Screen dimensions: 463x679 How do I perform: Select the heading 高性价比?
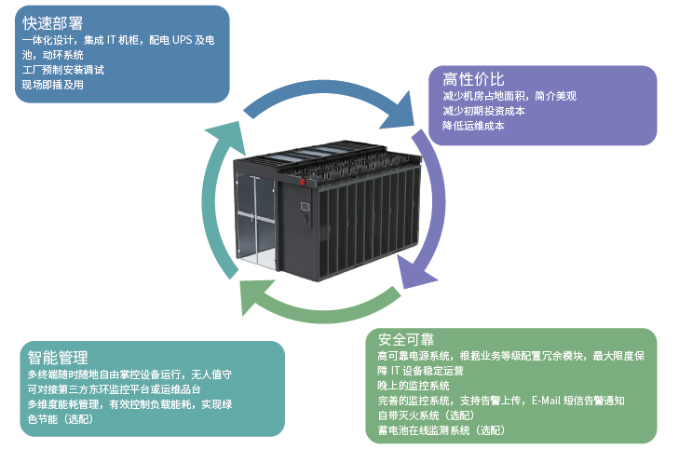tap(473, 78)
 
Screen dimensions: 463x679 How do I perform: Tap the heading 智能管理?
tap(58, 358)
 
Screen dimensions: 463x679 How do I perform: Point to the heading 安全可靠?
tap(406, 338)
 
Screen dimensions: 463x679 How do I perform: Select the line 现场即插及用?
tap(53, 85)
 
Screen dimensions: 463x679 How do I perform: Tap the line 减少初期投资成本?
tap(483, 110)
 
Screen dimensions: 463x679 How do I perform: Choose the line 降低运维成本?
tap(473, 125)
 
